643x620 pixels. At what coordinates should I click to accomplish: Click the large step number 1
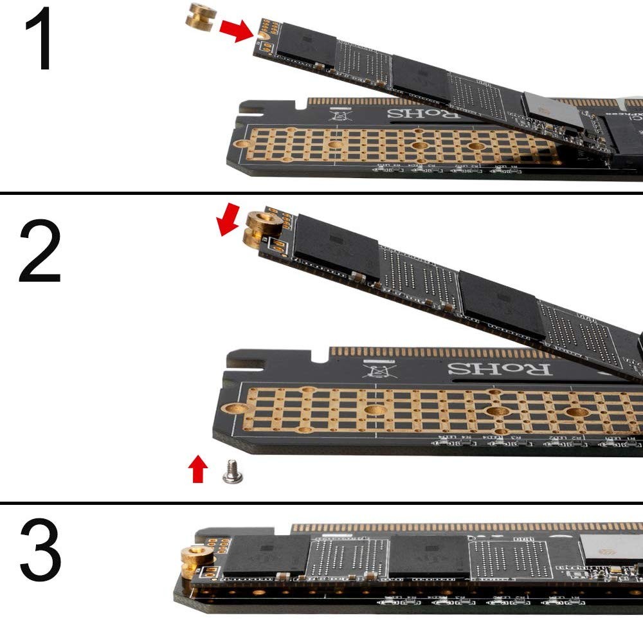[39, 40]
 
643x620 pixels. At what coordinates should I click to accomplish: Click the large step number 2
[40, 252]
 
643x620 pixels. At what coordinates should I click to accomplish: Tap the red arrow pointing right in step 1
[236, 30]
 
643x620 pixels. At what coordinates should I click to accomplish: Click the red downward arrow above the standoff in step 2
[228, 220]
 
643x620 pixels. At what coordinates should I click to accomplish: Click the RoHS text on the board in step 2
[499, 369]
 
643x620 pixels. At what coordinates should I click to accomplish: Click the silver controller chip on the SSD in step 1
[553, 110]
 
